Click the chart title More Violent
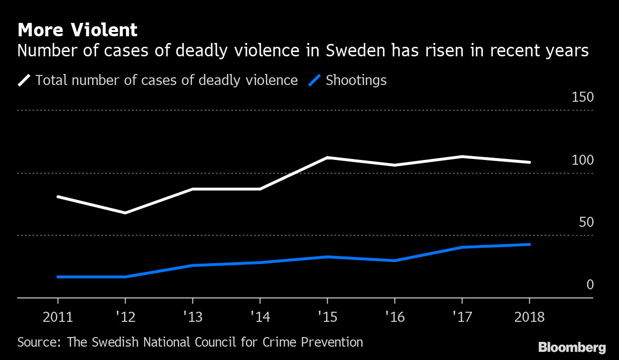(x=77, y=30)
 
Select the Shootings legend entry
(x=356, y=80)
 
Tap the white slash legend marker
(x=24, y=80)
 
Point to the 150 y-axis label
(x=582, y=97)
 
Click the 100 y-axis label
(x=582, y=160)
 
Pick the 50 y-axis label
(x=586, y=222)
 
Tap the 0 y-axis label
(x=589, y=285)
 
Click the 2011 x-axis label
(x=57, y=317)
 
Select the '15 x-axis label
(x=327, y=317)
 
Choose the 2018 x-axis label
(x=529, y=317)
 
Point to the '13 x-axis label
(x=192, y=317)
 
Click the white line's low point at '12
(x=125, y=213)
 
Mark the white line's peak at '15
(x=327, y=158)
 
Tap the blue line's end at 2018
(x=529, y=244)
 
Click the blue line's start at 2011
(x=58, y=277)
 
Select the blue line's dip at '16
(x=395, y=261)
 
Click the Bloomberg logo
(x=572, y=347)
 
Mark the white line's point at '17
(x=462, y=157)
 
